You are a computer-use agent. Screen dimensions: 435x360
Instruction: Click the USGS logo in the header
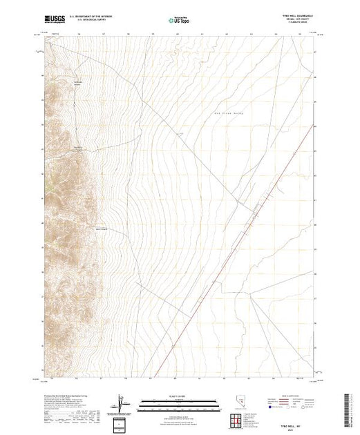[55, 20]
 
